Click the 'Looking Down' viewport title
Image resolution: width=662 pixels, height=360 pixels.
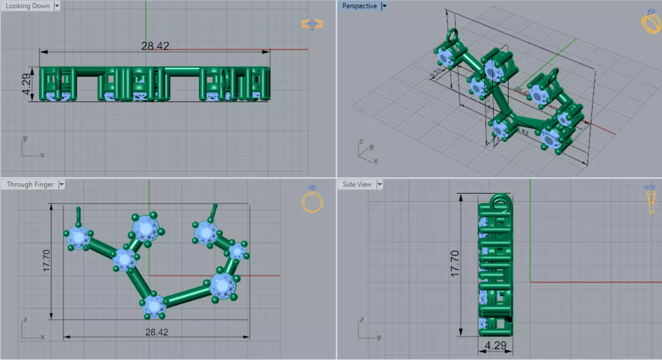(27, 6)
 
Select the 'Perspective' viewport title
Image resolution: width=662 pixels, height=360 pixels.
(359, 6)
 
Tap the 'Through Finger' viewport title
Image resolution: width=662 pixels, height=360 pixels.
(30, 184)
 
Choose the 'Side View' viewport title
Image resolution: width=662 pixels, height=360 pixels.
(357, 184)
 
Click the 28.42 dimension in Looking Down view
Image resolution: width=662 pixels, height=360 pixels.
(155, 46)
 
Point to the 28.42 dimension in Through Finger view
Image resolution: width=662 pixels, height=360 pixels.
(157, 332)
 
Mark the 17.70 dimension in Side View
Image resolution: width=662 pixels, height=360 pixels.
(455, 263)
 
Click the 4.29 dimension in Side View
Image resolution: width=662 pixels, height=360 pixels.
(495, 345)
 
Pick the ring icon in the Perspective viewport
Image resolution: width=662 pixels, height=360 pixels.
(651, 21)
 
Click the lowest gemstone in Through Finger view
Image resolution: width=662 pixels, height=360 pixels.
(154, 305)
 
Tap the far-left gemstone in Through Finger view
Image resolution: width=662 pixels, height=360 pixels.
(79, 237)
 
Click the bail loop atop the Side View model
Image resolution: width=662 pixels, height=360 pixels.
(499, 203)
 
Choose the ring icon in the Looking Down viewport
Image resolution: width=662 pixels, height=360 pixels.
(312, 24)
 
